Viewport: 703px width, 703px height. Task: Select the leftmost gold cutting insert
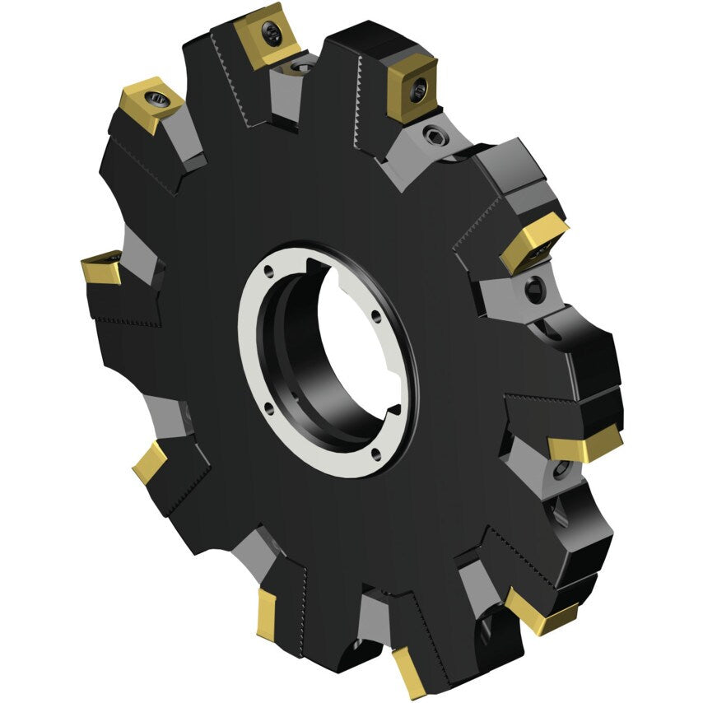click(100, 268)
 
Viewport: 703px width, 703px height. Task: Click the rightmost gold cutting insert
click(584, 445)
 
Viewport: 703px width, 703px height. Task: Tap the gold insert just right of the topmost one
click(412, 88)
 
